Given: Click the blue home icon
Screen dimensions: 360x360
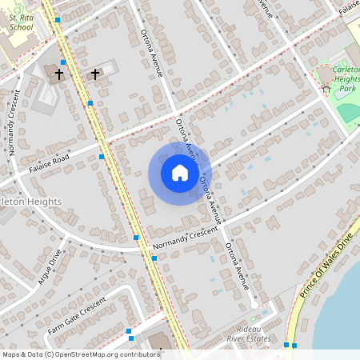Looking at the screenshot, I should [180, 173].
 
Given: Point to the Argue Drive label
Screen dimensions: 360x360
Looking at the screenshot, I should [50, 267].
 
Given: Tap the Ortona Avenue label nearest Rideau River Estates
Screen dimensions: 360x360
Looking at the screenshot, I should [238, 264].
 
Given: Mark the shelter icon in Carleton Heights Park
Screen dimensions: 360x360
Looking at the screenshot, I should [325, 88].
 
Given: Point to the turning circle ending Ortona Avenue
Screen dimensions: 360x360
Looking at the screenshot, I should [254, 304].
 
